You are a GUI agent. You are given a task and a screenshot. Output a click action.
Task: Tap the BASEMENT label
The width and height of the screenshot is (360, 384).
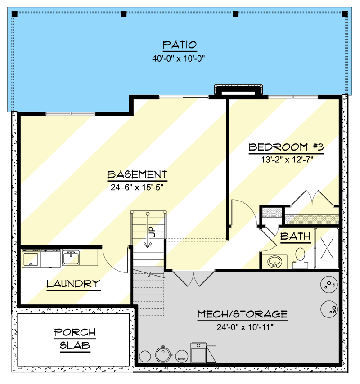pos(137,174)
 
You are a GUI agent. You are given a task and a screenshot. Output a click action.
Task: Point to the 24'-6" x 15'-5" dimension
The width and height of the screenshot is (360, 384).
pos(137,187)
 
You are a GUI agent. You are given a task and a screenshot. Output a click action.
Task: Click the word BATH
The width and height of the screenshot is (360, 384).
pos(295,236)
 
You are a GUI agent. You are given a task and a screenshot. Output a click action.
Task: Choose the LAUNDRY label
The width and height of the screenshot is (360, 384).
pos(73,284)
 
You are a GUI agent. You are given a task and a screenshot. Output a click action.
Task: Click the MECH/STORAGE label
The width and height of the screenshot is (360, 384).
pos(242,314)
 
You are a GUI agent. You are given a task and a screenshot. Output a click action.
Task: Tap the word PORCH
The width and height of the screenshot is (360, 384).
pos(75,333)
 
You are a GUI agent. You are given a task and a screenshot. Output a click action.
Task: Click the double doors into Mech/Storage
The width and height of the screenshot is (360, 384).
pos(193,278)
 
